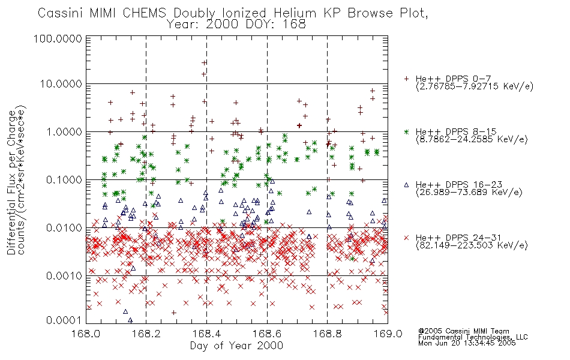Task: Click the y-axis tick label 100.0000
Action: coord(58,38)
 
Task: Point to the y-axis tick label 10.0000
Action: coord(61,84)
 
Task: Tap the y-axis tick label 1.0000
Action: coord(64,132)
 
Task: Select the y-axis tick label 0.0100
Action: coord(64,228)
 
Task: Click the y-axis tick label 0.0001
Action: coord(64,320)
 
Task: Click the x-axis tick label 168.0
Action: coord(86,334)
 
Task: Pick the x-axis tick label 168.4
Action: coord(207,334)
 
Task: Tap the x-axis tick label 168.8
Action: coord(328,334)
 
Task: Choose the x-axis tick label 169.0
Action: coord(388,334)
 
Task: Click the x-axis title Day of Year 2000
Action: coord(236,346)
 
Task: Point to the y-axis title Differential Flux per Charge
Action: coord(11,183)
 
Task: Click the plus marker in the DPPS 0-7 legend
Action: coord(406,79)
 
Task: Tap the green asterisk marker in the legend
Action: coord(406,131)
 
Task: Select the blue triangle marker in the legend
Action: coord(406,185)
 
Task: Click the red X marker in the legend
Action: coord(406,238)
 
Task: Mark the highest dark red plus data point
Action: coord(204,62)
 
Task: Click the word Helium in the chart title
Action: coord(295,13)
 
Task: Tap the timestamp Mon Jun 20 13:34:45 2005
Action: coord(467,343)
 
